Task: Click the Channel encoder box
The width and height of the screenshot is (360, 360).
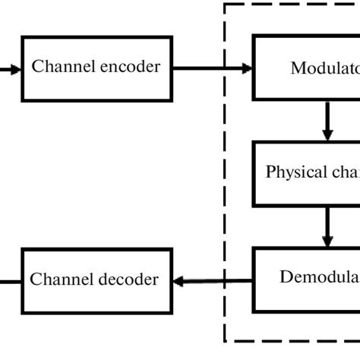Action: tap(96, 68)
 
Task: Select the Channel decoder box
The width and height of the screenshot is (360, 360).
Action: tap(96, 280)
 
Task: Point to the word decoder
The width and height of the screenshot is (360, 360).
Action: tap(130, 280)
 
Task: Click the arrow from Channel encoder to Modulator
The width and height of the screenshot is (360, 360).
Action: tap(213, 68)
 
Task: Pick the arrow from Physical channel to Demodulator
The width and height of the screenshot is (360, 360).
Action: tap(328, 226)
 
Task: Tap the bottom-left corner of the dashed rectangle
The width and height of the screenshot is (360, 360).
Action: tap(226, 342)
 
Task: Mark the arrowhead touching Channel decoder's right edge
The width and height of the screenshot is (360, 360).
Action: tap(180, 281)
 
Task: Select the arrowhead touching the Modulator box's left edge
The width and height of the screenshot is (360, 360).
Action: tap(247, 68)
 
